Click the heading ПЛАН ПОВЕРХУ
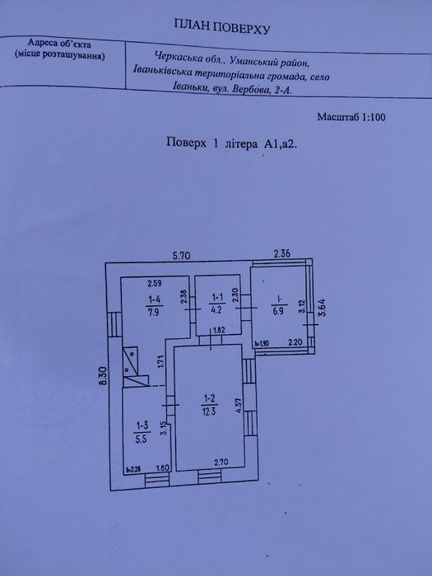(x=222, y=26)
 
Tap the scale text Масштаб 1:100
(x=351, y=117)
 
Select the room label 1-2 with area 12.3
(x=209, y=405)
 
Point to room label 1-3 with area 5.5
(x=142, y=432)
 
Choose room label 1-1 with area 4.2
(x=216, y=303)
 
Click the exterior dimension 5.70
(x=182, y=255)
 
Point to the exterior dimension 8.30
(x=103, y=375)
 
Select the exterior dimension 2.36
(x=282, y=253)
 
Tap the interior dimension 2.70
(x=221, y=462)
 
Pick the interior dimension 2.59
(x=155, y=283)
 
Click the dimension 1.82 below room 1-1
(x=219, y=329)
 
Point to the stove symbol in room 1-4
(x=135, y=367)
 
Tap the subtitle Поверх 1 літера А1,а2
(x=231, y=143)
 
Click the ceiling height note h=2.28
(x=133, y=469)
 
